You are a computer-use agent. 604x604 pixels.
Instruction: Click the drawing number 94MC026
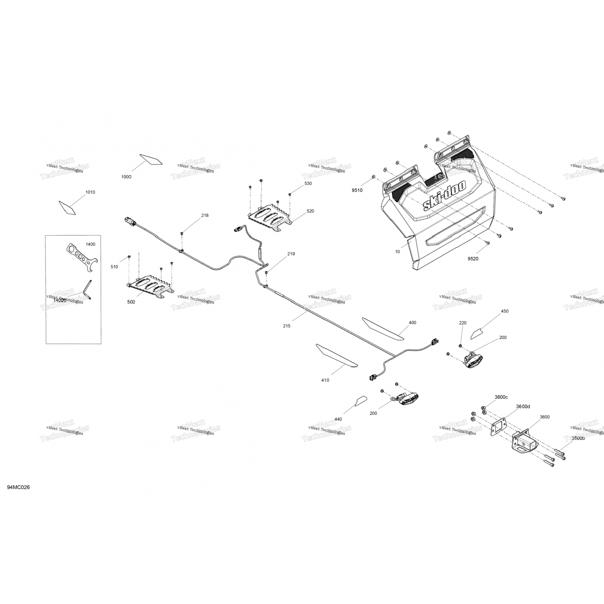18,488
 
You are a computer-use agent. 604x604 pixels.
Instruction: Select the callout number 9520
473,259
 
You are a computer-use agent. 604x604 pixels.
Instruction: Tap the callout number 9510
357,190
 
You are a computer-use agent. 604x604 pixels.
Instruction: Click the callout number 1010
90,192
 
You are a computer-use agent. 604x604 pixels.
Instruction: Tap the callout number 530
308,184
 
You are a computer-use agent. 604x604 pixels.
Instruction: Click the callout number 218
205,215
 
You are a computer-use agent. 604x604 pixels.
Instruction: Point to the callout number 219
291,254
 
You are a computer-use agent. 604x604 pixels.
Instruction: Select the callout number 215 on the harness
286,326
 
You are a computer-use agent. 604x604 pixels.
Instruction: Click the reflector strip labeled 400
383,328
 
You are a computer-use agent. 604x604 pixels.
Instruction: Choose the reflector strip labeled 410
337,356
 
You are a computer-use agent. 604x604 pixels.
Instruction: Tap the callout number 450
505,311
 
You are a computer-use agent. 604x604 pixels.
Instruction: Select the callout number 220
463,323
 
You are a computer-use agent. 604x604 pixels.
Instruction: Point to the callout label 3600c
501,397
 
